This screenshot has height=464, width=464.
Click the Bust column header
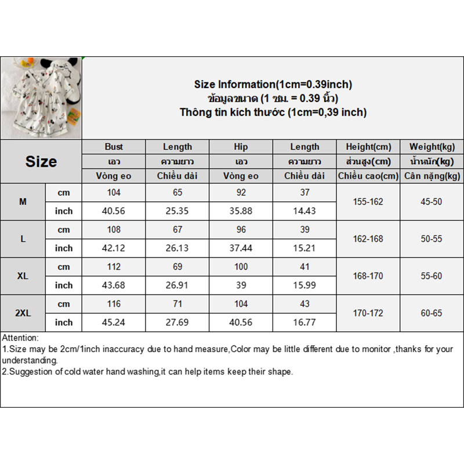click(114, 147)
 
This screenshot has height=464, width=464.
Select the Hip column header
click(241, 147)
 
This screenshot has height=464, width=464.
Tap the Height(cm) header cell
click(368, 147)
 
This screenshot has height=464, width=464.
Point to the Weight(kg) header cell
click(432, 147)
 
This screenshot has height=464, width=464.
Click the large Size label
click(41, 161)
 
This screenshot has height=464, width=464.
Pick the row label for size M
click(23, 202)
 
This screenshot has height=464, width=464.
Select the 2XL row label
click(23, 313)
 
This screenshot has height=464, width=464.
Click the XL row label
click(23, 276)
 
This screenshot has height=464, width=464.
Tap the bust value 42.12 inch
click(114, 248)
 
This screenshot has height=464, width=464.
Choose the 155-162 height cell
click(368, 202)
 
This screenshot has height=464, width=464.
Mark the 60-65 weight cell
click(432, 313)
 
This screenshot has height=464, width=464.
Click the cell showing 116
click(114, 304)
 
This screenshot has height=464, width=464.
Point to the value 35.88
click(241, 211)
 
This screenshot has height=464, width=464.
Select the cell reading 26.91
click(177, 285)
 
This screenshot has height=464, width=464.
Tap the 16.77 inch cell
click(304, 322)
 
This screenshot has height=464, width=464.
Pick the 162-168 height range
click(368, 239)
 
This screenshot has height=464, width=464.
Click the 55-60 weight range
click(432, 276)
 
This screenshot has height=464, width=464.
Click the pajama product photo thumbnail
click(41, 98)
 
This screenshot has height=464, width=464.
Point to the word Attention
click(20, 338)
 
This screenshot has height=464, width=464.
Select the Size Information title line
click(273, 85)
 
